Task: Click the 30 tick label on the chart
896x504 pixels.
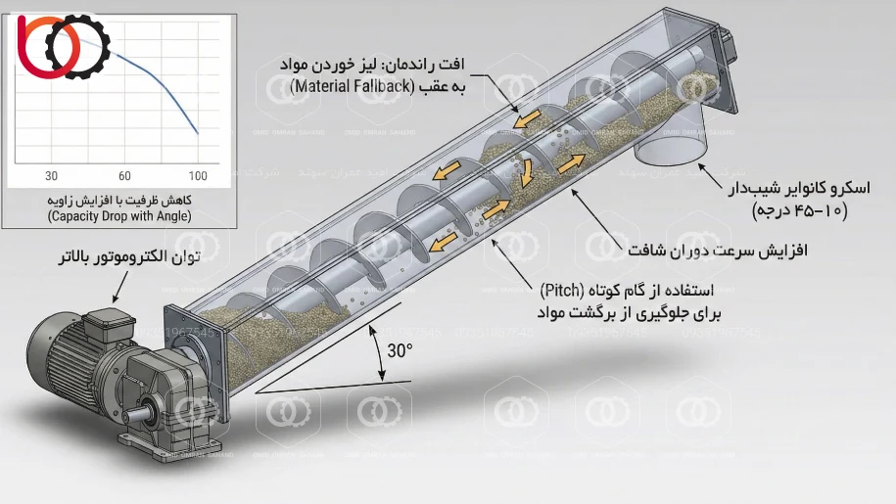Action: pyautogui.click(x=52, y=176)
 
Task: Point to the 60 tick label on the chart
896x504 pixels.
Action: pyautogui.click(x=124, y=176)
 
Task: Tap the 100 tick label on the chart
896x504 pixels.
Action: pyautogui.click(x=198, y=176)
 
